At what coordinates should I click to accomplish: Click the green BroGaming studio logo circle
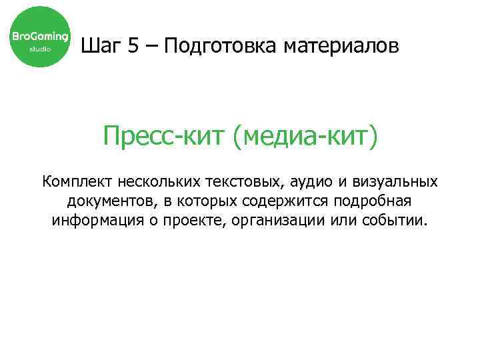tap(39, 37)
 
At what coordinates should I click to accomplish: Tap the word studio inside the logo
tap(39, 49)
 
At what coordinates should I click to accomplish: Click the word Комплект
tap(76, 181)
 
